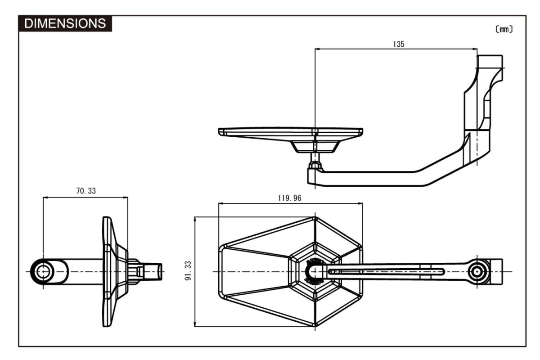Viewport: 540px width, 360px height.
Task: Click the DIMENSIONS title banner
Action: tap(65, 23)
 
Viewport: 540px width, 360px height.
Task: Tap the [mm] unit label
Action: tap(504, 29)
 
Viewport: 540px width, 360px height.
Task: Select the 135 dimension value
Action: tap(398, 44)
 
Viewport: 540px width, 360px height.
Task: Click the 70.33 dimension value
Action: tap(85, 191)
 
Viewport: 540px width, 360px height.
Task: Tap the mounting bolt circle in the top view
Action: tap(477, 271)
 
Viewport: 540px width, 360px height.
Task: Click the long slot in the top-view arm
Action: tap(386, 271)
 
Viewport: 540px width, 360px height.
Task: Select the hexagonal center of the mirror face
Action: tap(315, 271)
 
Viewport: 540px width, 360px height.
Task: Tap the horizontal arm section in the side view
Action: tap(369, 179)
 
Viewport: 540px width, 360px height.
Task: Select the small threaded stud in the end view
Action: tap(153, 271)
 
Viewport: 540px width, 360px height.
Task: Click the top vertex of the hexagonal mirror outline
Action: tap(315, 217)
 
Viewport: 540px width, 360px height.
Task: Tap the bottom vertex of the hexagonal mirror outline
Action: tap(315, 326)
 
